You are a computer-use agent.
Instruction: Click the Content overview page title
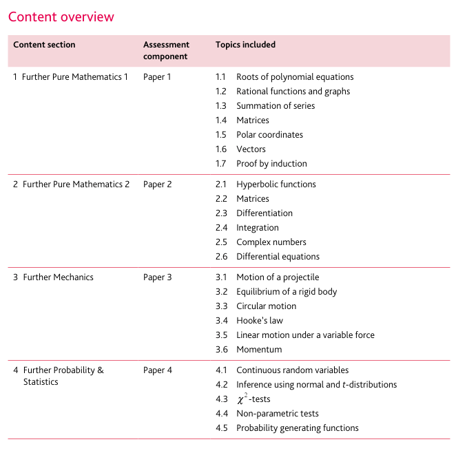(x=61, y=17)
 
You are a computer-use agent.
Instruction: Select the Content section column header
(x=44, y=45)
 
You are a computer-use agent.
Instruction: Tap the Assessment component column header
(x=165, y=50)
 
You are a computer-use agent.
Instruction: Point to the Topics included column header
(x=245, y=45)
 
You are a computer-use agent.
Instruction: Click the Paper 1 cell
(x=157, y=77)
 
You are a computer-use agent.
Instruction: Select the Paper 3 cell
(x=157, y=277)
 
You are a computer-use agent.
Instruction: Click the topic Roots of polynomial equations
(x=295, y=77)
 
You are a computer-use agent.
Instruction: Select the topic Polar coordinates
(x=269, y=135)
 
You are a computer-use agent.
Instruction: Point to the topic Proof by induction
(x=271, y=164)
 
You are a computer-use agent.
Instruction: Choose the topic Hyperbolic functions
(x=276, y=184)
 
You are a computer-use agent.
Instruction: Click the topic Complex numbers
(x=271, y=242)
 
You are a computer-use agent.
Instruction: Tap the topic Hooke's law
(x=259, y=321)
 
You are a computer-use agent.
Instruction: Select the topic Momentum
(x=259, y=350)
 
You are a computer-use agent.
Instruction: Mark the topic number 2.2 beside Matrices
(x=221, y=199)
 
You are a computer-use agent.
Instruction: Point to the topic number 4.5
(x=221, y=428)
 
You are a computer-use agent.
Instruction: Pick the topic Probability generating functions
(x=297, y=428)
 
